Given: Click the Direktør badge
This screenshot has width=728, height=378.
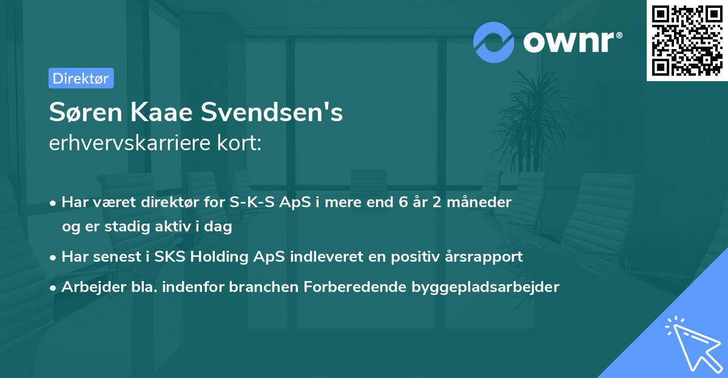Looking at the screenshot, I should (81, 78).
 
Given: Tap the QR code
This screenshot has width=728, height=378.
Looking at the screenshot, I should (686, 40).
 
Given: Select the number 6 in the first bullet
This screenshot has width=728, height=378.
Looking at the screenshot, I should (402, 202).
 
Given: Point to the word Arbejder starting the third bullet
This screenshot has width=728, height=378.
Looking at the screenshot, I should (88, 287).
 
